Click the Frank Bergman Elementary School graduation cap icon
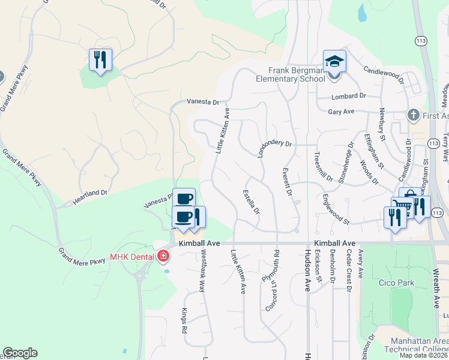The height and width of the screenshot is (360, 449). point(334,61)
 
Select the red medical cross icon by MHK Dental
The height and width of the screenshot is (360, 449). point(162,257)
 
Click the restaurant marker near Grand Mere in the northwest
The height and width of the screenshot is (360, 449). point(100,60)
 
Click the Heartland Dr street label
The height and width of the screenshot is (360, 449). point(90,198)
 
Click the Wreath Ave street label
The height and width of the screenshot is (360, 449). point(437,288)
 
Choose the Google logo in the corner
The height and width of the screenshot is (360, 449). point(20,353)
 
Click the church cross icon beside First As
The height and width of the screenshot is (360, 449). point(412,115)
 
